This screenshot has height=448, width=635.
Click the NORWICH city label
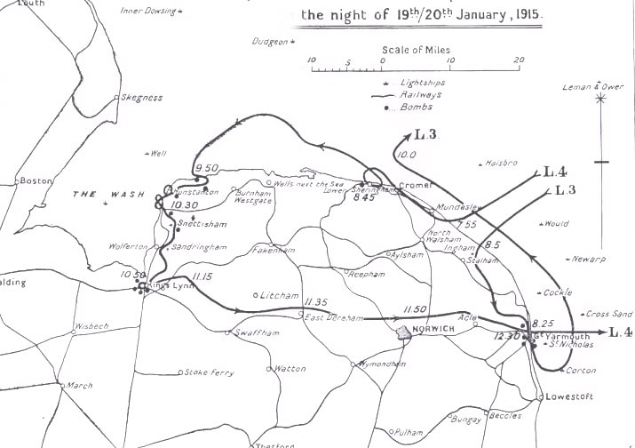tap(434, 329)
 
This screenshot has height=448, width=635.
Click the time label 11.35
tap(315, 302)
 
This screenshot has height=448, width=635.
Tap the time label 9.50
tap(206, 168)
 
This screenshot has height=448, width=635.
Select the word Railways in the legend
tap(422, 94)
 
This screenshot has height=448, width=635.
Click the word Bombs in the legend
tap(417, 107)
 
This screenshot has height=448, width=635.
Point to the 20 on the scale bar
tap(520, 60)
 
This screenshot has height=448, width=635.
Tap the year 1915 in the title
tap(525, 14)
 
